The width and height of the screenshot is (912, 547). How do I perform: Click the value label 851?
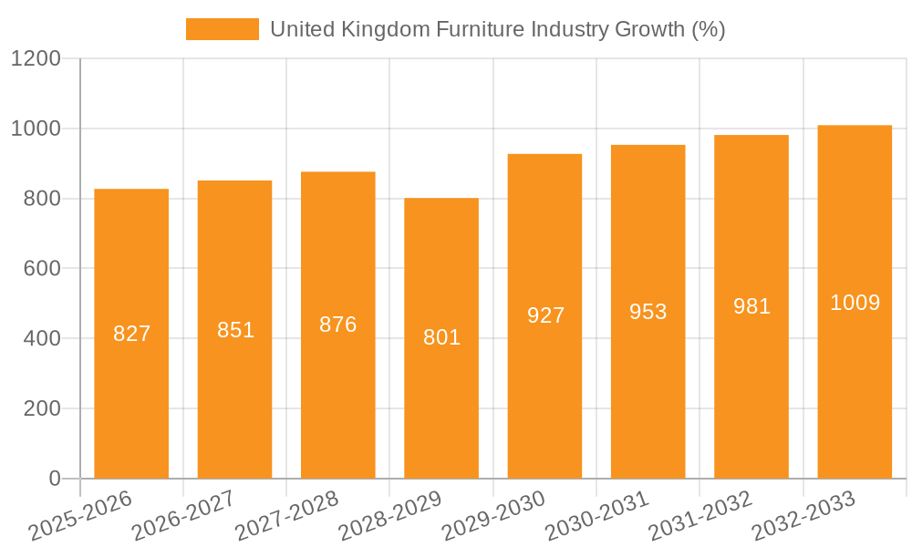[235, 330]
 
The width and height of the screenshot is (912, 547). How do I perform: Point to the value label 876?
[338, 325]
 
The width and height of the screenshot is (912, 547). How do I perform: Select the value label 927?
[545, 315]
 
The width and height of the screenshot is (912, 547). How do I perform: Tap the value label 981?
[751, 306]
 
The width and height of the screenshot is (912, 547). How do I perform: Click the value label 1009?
[855, 303]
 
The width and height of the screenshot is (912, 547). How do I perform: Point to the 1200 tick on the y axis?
[36, 59]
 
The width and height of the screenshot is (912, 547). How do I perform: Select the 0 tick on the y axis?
[54, 479]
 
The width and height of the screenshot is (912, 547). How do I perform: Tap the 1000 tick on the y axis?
[36, 129]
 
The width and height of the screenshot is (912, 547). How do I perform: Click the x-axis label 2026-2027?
[182, 515]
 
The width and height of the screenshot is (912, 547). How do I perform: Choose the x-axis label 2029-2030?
[492, 515]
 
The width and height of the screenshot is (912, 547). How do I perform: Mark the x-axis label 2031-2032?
[700, 515]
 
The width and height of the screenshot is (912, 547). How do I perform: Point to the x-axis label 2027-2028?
[286, 515]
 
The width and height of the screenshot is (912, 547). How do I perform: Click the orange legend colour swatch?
[222, 29]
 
